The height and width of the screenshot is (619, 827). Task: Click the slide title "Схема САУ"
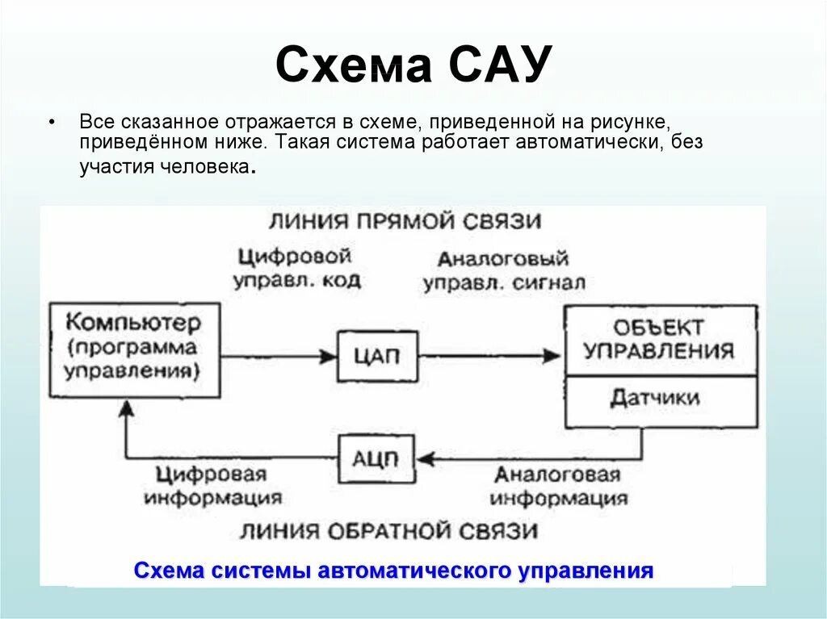[x=413, y=65]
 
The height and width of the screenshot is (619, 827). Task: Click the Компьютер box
[x=134, y=349]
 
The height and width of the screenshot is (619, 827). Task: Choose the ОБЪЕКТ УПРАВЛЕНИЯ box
[x=660, y=340]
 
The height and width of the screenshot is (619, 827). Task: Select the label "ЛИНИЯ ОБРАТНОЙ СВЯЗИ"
[x=388, y=530]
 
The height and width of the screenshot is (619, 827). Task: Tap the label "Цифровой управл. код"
[x=296, y=269]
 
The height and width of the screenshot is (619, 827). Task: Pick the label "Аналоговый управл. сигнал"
[x=504, y=271]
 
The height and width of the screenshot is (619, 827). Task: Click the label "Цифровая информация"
[x=213, y=484]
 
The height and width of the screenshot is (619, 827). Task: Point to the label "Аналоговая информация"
[x=558, y=486]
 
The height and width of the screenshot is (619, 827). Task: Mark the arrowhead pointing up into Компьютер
[x=125, y=409]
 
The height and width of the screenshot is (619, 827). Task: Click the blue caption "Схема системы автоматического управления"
[x=393, y=571]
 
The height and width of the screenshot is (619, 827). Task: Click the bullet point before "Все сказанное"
[x=52, y=121]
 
